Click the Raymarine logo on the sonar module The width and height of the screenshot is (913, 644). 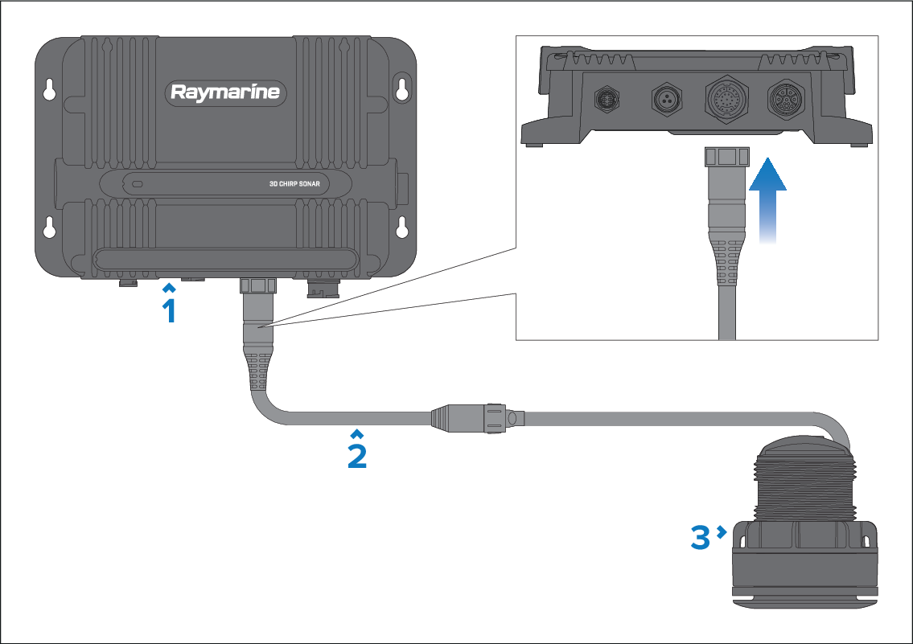coord(226,92)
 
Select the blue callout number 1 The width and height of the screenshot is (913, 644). coord(169,310)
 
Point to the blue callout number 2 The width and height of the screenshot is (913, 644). coord(357,456)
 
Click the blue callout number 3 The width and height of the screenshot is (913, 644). coord(701,538)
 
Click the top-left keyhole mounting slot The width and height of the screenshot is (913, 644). coord(50,89)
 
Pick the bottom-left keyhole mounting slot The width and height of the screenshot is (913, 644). coord(50,228)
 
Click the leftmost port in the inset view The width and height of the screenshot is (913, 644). coord(604,100)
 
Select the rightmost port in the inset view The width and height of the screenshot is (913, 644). coord(785,100)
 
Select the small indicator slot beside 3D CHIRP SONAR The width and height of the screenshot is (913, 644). coord(138,184)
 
